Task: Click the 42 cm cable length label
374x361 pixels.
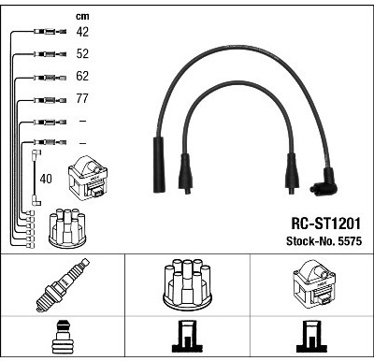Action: point(82,32)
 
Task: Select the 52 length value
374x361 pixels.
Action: point(82,53)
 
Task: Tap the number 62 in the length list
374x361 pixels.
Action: point(82,76)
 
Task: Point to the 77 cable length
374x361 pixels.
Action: point(82,98)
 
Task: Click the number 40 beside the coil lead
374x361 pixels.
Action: point(46,179)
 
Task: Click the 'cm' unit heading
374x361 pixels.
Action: point(82,16)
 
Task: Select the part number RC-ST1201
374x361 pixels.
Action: point(325,224)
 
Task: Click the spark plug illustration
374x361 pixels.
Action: point(63,284)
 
